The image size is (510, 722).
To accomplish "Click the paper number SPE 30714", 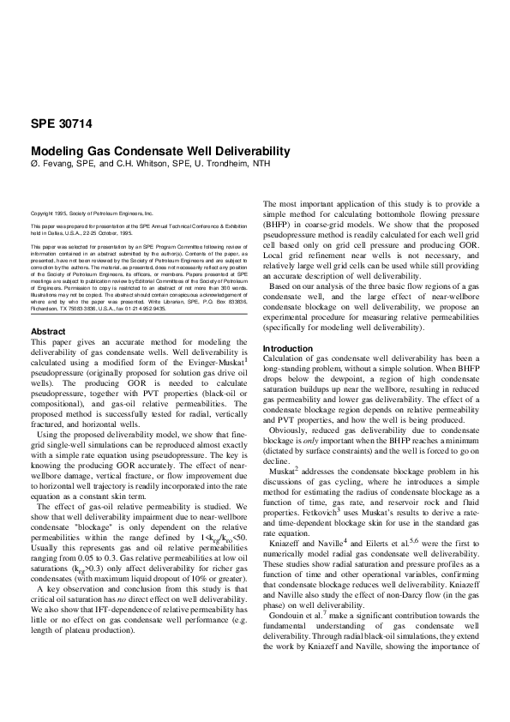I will (63, 123).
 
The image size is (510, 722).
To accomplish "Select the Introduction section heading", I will (289, 348).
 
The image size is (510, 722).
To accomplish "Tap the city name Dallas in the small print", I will (53, 232).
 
